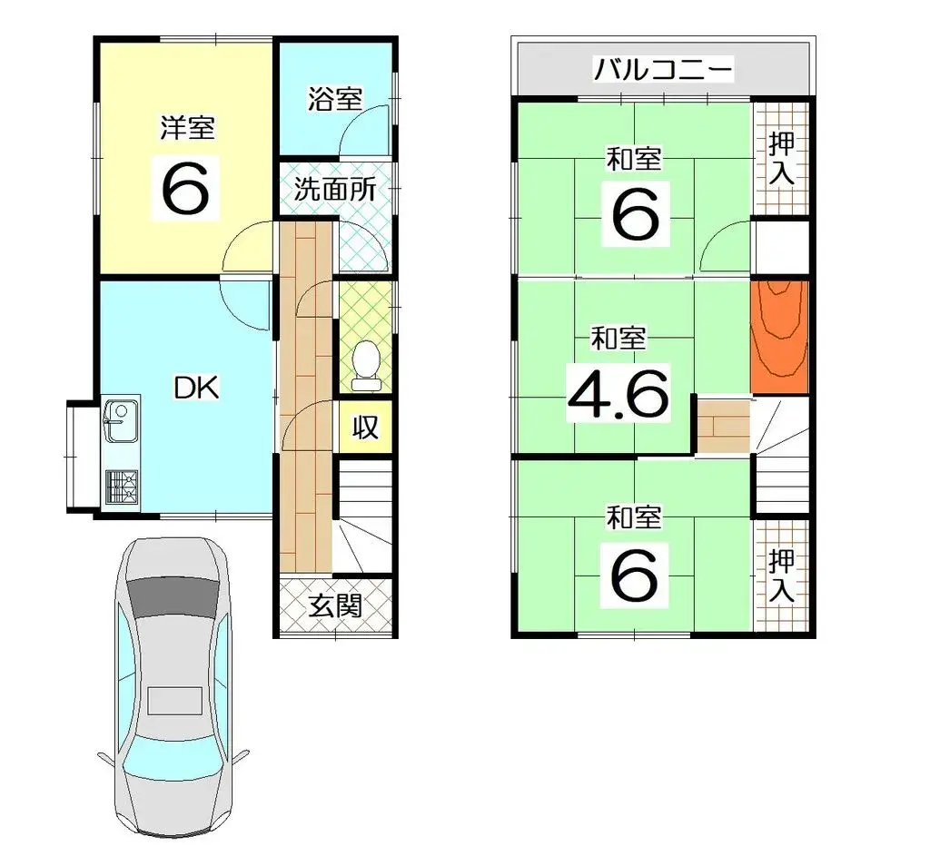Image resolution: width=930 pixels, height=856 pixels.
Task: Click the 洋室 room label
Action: point(187,129)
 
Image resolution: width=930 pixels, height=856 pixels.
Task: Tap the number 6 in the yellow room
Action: point(188,186)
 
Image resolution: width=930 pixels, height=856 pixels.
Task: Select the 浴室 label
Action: point(335,99)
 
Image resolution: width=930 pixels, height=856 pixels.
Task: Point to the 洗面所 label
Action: point(334,190)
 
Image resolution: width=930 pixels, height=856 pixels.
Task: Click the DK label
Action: point(196,389)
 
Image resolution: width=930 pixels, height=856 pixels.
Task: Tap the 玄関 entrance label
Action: point(335,605)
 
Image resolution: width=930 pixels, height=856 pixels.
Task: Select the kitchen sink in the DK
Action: point(121,420)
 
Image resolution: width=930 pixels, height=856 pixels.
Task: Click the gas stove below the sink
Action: point(122,487)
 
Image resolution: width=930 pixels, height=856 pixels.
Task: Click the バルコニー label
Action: point(662,69)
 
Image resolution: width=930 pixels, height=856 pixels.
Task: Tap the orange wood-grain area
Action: point(779,336)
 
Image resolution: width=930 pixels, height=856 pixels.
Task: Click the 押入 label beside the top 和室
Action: point(781,159)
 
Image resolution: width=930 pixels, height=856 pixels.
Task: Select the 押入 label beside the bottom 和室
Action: point(781,576)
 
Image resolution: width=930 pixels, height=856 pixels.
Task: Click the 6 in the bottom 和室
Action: point(634,574)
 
